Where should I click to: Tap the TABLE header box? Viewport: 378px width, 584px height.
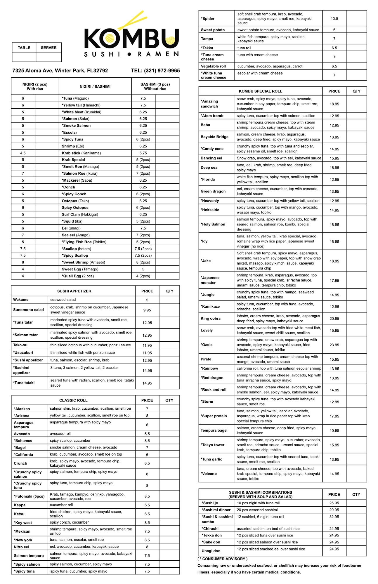tap(24, 48)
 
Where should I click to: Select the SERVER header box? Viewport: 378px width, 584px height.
tap(48, 48)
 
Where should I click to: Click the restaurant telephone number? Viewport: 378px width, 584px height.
tap(155, 71)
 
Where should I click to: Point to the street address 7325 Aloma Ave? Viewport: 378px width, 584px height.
tap(60, 71)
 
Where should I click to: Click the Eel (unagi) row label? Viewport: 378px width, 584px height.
tap(71, 228)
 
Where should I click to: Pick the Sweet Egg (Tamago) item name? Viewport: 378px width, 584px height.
tap(80, 269)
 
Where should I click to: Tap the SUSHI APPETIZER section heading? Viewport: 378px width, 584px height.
tap(74, 291)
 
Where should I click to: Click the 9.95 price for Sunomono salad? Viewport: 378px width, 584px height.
tap(147, 310)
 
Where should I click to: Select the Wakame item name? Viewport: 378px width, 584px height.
tap(21, 300)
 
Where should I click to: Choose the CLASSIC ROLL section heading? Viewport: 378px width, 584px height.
tap(73, 400)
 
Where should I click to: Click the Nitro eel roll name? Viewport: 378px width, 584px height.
tap(21, 547)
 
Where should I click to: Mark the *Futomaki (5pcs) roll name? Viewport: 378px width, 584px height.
tap(29, 496)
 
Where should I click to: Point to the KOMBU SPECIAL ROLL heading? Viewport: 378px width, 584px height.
tap(260, 91)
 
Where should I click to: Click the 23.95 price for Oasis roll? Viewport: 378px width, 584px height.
tap(334, 345)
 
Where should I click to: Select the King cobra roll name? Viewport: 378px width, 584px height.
tap(210, 319)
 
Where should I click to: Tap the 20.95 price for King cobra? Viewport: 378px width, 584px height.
tap(334, 319)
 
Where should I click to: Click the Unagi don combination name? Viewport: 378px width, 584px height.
tap(211, 551)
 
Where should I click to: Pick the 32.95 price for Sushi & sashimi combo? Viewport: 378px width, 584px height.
tap(334, 517)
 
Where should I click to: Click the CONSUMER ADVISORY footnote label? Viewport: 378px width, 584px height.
tap(223, 559)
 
